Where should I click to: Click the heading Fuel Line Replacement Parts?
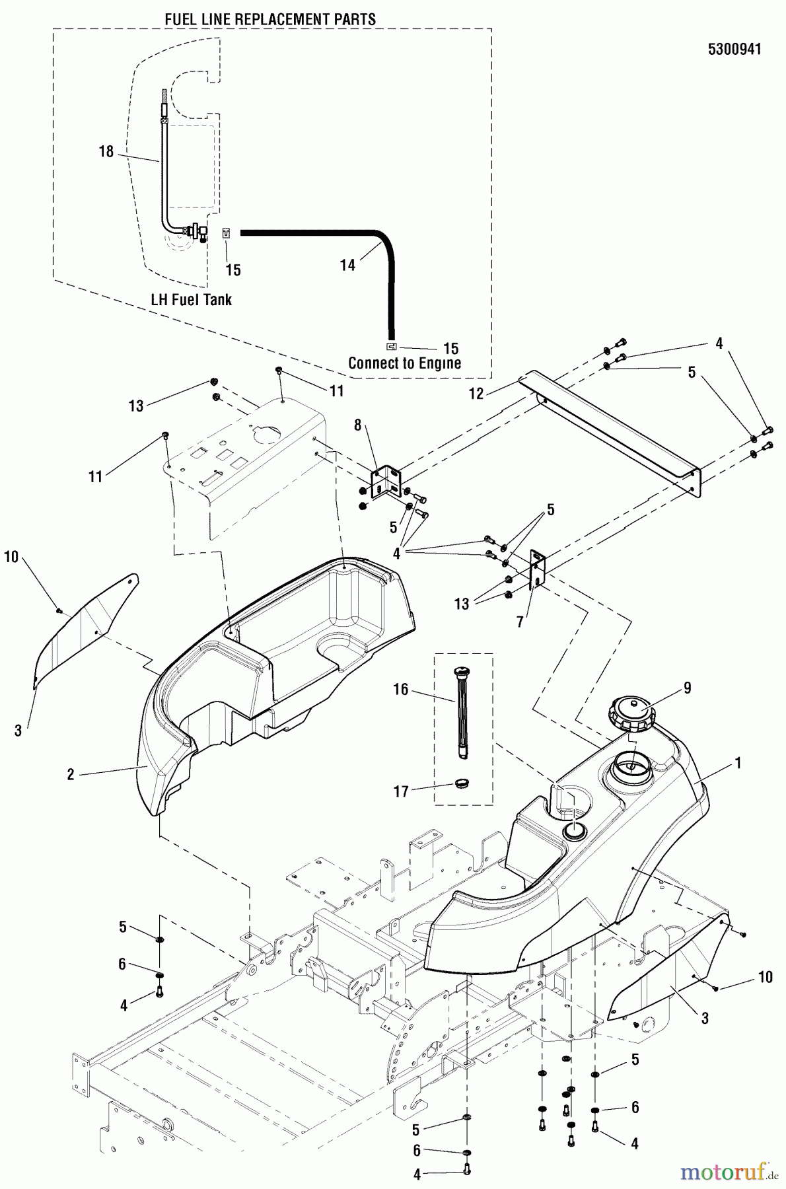[x=270, y=20]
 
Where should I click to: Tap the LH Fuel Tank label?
[x=192, y=300]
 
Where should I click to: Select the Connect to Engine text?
[x=404, y=363]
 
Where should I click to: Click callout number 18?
[x=106, y=152]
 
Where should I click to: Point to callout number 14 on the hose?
[x=347, y=265]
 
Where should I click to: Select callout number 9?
[x=687, y=688]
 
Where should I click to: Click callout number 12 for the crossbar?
[x=476, y=394]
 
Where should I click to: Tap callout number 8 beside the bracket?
[x=358, y=425]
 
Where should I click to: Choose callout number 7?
[x=520, y=622]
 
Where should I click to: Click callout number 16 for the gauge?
[x=401, y=690]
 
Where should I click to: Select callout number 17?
[x=401, y=791]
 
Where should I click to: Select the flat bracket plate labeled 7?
[x=538, y=568]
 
